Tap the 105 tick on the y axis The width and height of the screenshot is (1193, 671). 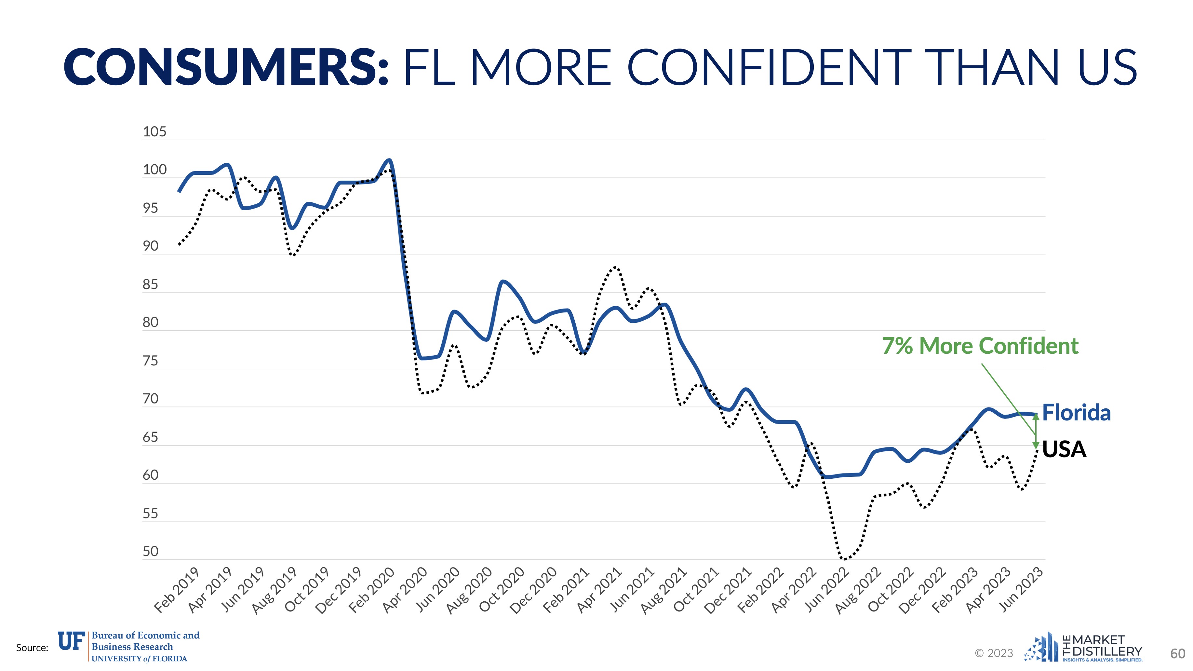point(154,132)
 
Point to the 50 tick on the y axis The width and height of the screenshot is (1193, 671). point(151,552)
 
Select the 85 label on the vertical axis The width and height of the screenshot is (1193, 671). point(151,284)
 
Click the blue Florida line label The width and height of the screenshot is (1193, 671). point(1076,412)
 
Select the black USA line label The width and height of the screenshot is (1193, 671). point(1064,449)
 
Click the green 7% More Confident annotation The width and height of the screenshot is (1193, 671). point(980,346)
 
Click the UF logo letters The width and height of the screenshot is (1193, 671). point(71,641)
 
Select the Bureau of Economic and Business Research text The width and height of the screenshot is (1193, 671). point(145,641)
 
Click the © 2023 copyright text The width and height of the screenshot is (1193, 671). point(994,653)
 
